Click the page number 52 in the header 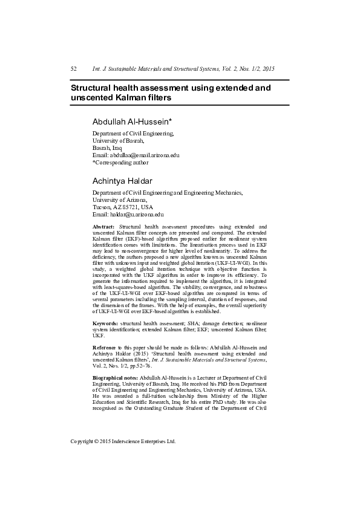(x=74, y=69)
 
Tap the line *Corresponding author (x=120, y=163)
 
